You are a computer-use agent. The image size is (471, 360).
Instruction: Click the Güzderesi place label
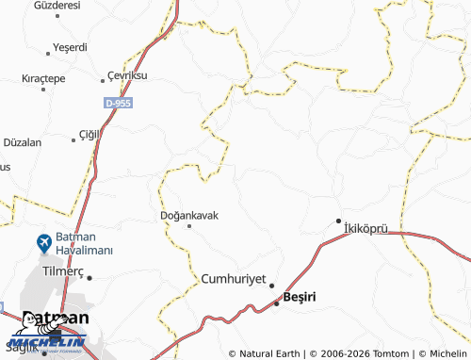point(56,6)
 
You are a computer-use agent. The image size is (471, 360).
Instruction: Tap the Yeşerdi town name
point(70,46)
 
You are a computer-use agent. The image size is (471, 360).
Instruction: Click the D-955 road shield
point(119,103)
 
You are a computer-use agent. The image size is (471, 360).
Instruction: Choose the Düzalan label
point(23,142)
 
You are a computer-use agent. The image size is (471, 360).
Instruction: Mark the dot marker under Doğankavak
point(189,226)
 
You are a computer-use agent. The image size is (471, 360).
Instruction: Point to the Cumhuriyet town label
point(235,279)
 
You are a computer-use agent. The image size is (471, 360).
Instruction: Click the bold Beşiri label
point(300,298)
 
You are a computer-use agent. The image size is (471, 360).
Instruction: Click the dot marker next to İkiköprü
point(339,221)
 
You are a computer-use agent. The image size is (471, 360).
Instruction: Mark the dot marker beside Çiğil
point(73,140)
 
